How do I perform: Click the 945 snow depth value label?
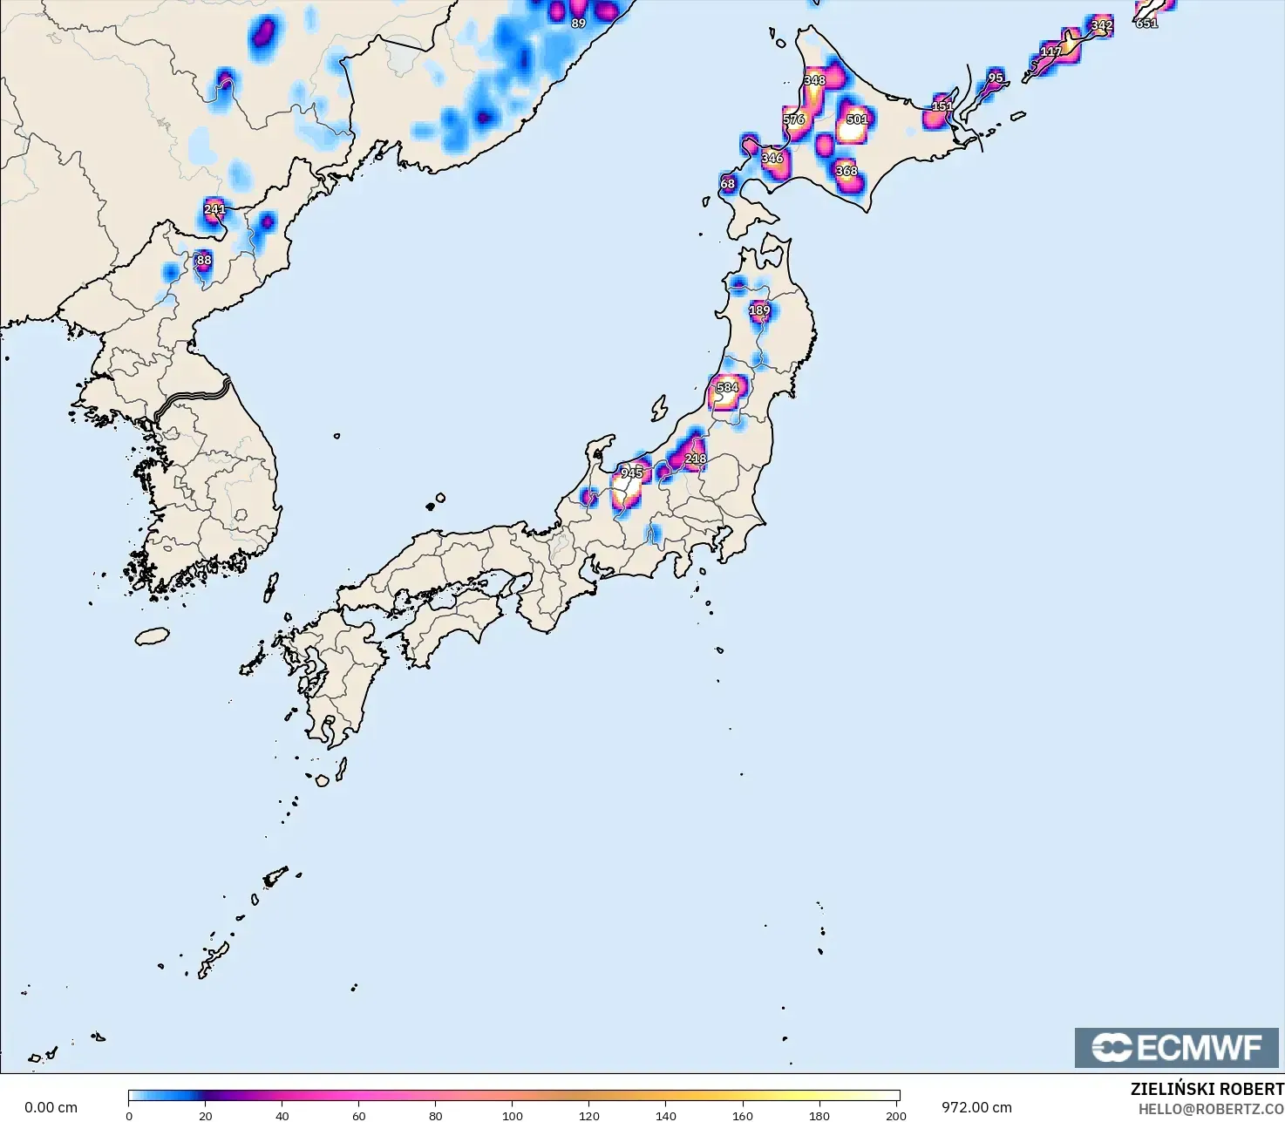click(x=631, y=473)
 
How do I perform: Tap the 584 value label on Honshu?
click(x=727, y=387)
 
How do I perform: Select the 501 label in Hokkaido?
click(x=857, y=119)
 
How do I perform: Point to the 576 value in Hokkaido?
click(x=793, y=119)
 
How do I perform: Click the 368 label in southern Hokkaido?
click(x=846, y=171)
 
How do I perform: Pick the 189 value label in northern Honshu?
click(x=759, y=310)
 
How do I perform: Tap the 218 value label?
click(x=696, y=459)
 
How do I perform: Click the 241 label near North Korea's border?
click(x=214, y=209)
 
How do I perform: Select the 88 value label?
click(x=203, y=260)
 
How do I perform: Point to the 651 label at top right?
click(x=1146, y=24)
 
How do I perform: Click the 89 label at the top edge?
click(x=578, y=24)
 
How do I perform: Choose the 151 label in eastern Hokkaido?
click(x=942, y=107)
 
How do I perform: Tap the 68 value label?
click(x=727, y=184)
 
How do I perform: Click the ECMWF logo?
click(x=1176, y=1047)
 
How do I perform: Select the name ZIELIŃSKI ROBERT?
click(x=1207, y=1089)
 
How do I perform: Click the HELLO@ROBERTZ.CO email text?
click(x=1211, y=1108)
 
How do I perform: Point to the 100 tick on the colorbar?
click(x=513, y=1115)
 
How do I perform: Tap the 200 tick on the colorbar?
click(x=895, y=1115)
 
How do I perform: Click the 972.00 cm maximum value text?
click(x=976, y=1107)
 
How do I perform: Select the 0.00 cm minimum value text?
click(x=51, y=1107)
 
